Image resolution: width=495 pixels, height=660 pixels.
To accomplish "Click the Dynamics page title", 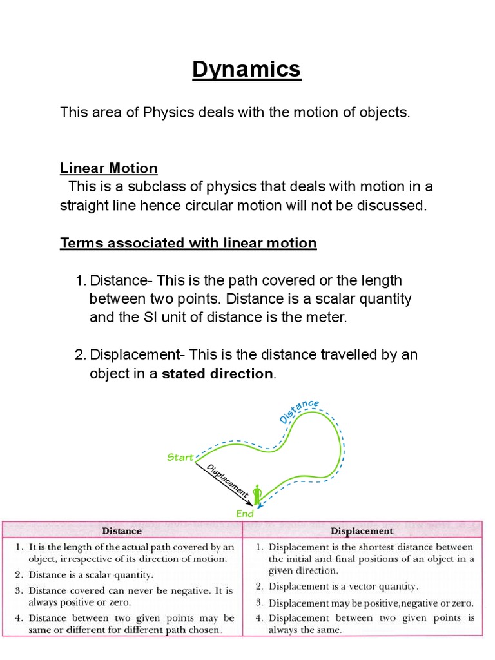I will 247,69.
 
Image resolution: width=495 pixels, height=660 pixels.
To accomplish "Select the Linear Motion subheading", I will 108,168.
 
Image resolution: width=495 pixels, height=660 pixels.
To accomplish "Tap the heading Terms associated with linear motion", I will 188,243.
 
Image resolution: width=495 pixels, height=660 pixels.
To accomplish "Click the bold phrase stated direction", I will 217,373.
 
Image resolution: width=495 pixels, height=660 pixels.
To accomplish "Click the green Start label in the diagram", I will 180,458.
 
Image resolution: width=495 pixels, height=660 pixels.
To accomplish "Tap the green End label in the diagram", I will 245,514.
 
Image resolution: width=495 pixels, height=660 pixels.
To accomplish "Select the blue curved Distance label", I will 299,411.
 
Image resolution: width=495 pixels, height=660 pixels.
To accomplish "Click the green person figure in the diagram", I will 257,495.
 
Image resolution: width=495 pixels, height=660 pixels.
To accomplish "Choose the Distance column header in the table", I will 122,530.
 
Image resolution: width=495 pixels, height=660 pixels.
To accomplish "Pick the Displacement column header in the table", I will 362,531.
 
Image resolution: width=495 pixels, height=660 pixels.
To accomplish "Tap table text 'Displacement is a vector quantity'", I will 343,587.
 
